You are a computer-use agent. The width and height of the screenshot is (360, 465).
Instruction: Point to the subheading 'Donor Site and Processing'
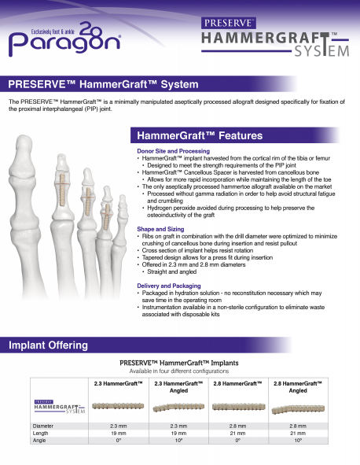173,150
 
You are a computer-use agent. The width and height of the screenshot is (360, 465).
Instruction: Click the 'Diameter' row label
46,425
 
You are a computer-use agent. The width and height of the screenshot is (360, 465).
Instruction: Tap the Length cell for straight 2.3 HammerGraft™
118,433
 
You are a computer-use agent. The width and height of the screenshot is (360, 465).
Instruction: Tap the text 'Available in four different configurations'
180,371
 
